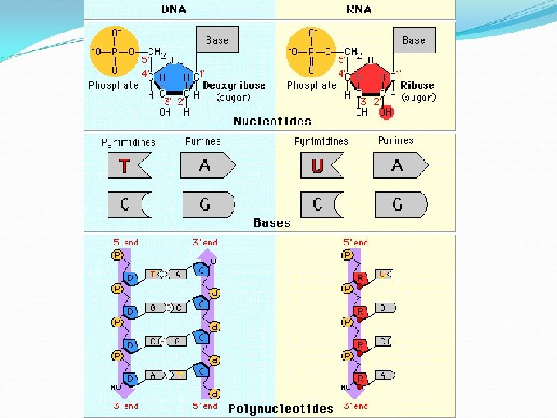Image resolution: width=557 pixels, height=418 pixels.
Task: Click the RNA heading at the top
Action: (x=359, y=9)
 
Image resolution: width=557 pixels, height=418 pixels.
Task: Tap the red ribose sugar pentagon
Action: (x=371, y=82)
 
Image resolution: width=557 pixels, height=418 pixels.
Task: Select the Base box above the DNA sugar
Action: (x=217, y=40)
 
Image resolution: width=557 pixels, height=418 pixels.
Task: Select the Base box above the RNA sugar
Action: (x=413, y=40)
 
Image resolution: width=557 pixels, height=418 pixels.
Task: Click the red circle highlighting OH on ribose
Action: (x=386, y=112)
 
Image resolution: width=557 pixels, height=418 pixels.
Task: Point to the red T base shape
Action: (x=127, y=166)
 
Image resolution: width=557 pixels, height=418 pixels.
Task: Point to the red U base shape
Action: (x=319, y=166)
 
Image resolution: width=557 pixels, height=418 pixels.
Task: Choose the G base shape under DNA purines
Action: (x=207, y=204)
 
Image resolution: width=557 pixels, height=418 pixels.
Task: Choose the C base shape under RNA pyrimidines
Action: (x=320, y=204)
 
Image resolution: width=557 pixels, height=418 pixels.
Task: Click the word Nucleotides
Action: (x=272, y=121)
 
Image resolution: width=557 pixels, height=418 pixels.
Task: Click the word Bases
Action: (x=272, y=223)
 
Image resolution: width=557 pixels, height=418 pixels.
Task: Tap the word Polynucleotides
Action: (x=281, y=408)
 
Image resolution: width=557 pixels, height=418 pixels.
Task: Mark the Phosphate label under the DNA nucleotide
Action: (x=113, y=86)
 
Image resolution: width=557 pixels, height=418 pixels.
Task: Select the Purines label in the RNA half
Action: (x=395, y=141)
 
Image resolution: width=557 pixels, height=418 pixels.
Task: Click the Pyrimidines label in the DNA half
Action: (x=128, y=142)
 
